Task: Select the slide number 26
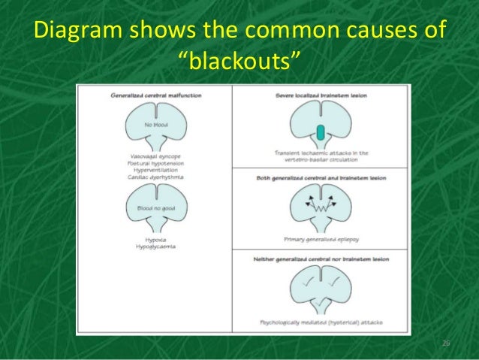(x=445, y=343)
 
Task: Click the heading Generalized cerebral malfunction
(x=155, y=96)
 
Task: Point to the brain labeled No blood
(x=155, y=124)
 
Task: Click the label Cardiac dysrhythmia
(x=155, y=177)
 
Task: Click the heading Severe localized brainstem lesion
(x=321, y=96)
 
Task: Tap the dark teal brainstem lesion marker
(x=321, y=133)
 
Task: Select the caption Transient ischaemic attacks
(x=321, y=153)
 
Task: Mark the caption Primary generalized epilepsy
(x=321, y=239)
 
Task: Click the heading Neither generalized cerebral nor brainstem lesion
(x=321, y=259)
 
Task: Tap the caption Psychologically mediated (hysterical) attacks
(x=321, y=322)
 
